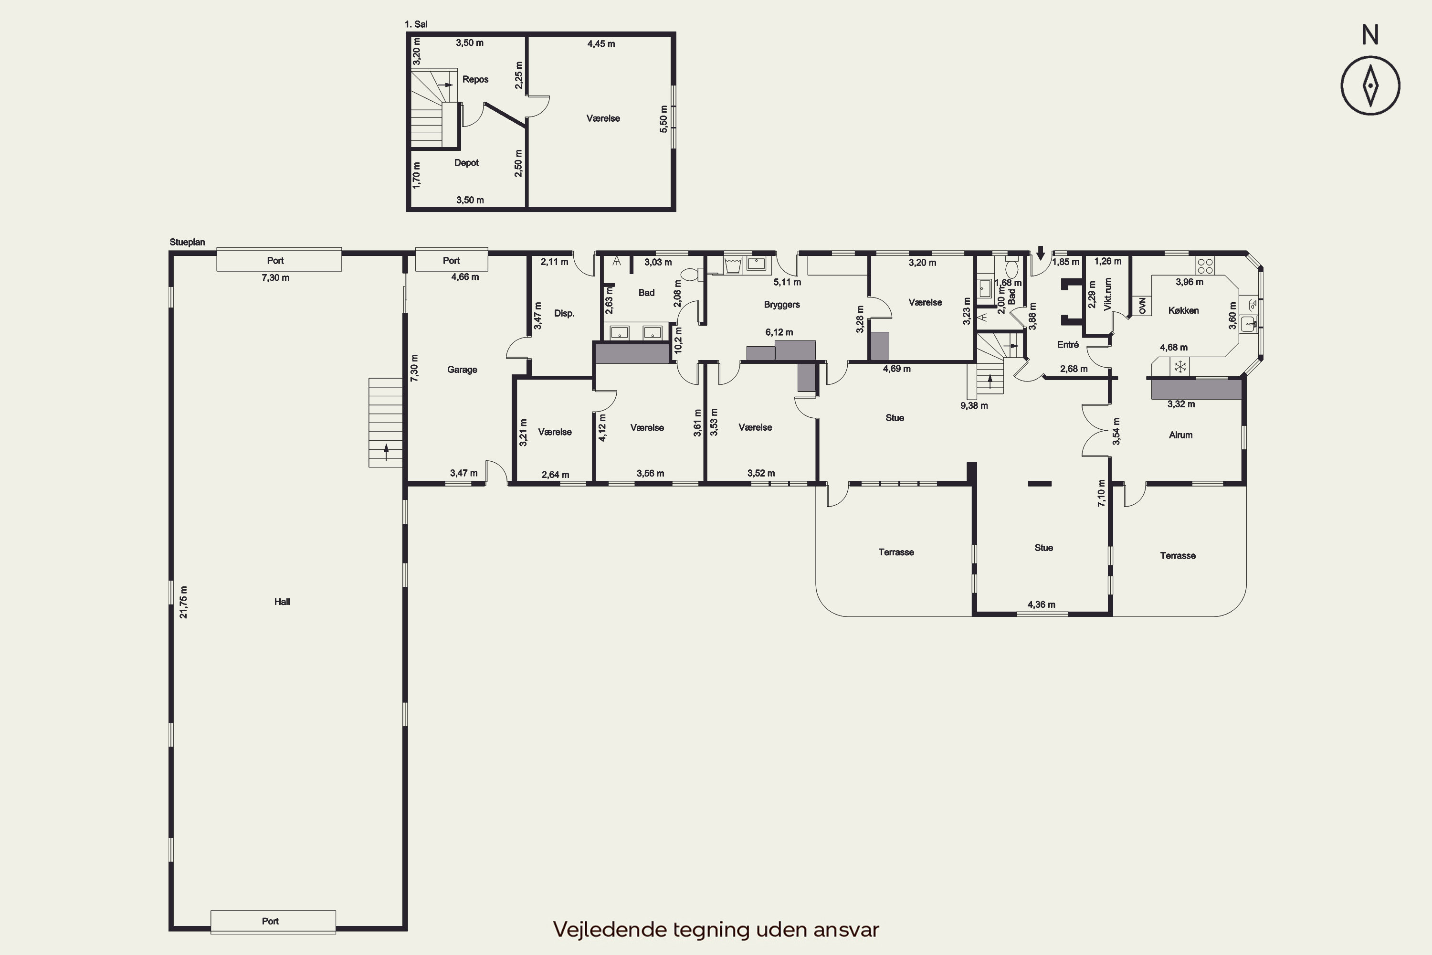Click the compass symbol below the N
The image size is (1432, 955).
(1370, 86)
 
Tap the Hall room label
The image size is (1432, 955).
(282, 602)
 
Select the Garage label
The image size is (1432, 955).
(462, 370)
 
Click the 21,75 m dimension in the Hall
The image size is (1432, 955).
(183, 602)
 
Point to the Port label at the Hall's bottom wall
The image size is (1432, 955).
(270, 921)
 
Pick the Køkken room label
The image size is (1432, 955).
(1184, 311)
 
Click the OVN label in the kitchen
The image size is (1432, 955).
(1142, 306)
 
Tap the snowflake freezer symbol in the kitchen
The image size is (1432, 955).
(1180, 367)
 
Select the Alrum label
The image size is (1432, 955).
(1180, 435)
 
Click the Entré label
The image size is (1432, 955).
(1068, 345)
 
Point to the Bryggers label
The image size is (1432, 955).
(782, 305)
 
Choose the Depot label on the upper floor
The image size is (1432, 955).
(466, 163)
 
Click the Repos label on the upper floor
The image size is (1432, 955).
(475, 79)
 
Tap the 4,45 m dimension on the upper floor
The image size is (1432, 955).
(601, 44)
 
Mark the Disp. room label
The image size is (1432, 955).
(564, 314)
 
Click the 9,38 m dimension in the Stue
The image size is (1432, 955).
(974, 405)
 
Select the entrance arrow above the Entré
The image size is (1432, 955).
(1041, 253)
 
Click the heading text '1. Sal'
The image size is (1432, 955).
(416, 24)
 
